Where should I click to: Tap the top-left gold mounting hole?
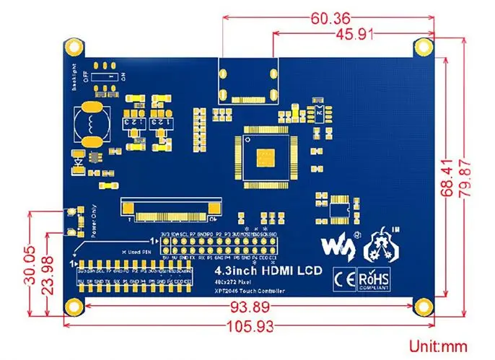click(x=73, y=47)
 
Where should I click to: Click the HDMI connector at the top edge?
click(x=248, y=79)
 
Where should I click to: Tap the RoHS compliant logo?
click(x=373, y=277)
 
